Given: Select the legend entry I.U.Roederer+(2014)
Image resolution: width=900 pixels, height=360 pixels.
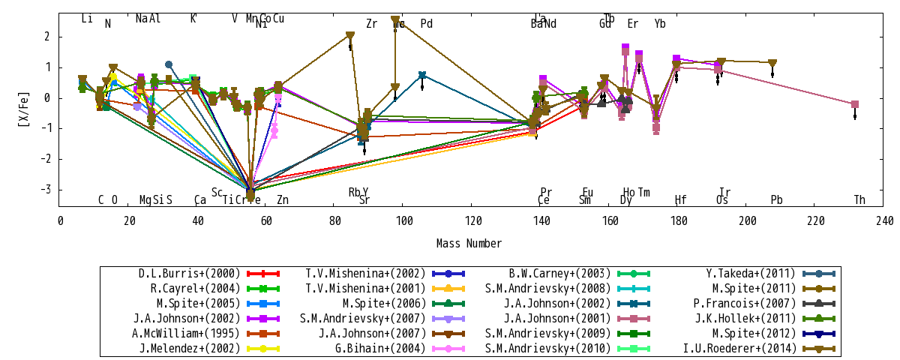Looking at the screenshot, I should pos(761,348).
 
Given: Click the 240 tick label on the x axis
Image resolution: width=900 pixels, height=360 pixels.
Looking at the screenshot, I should pos(884,220).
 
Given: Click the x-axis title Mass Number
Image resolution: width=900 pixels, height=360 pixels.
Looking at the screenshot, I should pos(469,243).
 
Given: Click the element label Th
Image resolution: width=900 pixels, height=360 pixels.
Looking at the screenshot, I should pos(859,199).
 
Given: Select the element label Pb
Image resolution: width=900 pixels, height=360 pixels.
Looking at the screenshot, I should pos(776,199).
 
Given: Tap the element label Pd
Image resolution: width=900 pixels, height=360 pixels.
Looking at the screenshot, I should pos(426,24).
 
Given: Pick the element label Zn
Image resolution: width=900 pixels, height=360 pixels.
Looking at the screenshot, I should pos(282,199).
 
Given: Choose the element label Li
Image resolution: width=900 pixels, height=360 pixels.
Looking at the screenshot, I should pos(87,19).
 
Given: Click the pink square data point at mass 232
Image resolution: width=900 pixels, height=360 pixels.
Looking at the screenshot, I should pos(855,104).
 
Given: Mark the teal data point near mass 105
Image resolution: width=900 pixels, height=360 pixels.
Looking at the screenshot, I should pos(422,75).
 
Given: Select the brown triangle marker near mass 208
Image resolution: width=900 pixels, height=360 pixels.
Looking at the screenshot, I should pos(772,64).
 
